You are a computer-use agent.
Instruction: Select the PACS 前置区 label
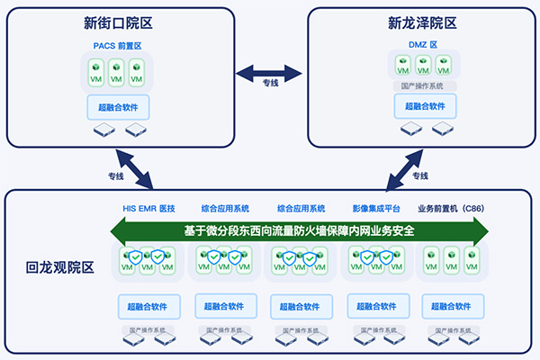[x=117, y=43]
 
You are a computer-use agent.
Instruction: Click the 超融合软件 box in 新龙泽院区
[x=425, y=106]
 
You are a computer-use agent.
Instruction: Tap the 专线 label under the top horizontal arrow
[x=270, y=84]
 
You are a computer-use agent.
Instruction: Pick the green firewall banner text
[x=298, y=229]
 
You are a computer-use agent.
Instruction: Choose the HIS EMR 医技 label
[x=148, y=209]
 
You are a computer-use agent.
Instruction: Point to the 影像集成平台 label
[x=376, y=209]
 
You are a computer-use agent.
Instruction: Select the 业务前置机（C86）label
[x=451, y=209]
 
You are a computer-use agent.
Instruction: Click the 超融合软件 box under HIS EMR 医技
[x=148, y=304]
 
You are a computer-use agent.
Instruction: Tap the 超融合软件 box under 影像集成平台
[x=376, y=304]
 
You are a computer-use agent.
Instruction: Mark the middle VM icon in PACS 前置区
[x=116, y=70]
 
